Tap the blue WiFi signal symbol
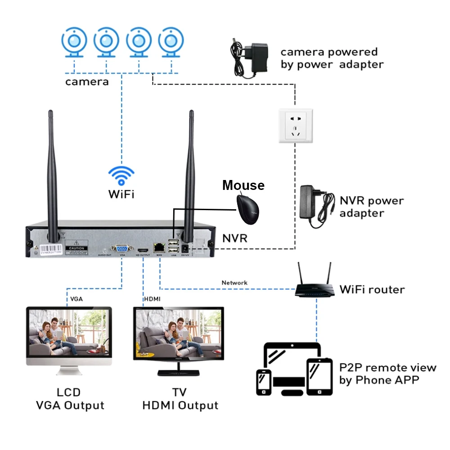coord(121,176)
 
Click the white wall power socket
coord(296,126)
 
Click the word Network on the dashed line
coord(234,283)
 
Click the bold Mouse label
coord(243,185)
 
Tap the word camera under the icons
coord(87,81)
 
